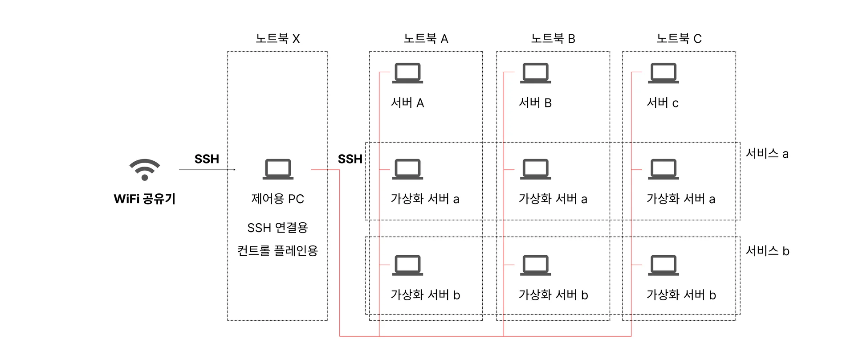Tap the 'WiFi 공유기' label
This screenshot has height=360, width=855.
(145, 199)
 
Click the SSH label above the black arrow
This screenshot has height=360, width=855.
(207, 159)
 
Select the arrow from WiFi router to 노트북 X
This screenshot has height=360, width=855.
(207, 170)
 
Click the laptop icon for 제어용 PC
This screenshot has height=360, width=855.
(278, 169)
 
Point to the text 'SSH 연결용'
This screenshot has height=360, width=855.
(277, 228)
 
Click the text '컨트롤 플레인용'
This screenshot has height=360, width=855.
(277, 251)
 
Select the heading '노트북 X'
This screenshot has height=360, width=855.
(277, 39)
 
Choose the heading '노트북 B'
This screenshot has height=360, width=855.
(553, 39)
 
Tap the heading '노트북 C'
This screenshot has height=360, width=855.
(679, 39)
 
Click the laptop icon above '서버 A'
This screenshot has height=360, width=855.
(407, 73)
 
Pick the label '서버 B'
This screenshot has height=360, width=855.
(535, 103)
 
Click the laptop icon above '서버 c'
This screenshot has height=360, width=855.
(664, 73)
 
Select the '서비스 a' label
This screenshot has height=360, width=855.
(767, 154)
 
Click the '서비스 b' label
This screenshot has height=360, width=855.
(768, 251)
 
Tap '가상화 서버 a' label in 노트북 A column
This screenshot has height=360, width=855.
(425, 199)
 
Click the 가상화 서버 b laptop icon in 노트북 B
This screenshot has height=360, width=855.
(536, 265)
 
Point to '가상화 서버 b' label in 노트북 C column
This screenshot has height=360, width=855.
(681, 295)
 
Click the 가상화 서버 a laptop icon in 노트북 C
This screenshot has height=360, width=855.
(664, 169)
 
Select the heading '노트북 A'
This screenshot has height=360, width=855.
(426, 39)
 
